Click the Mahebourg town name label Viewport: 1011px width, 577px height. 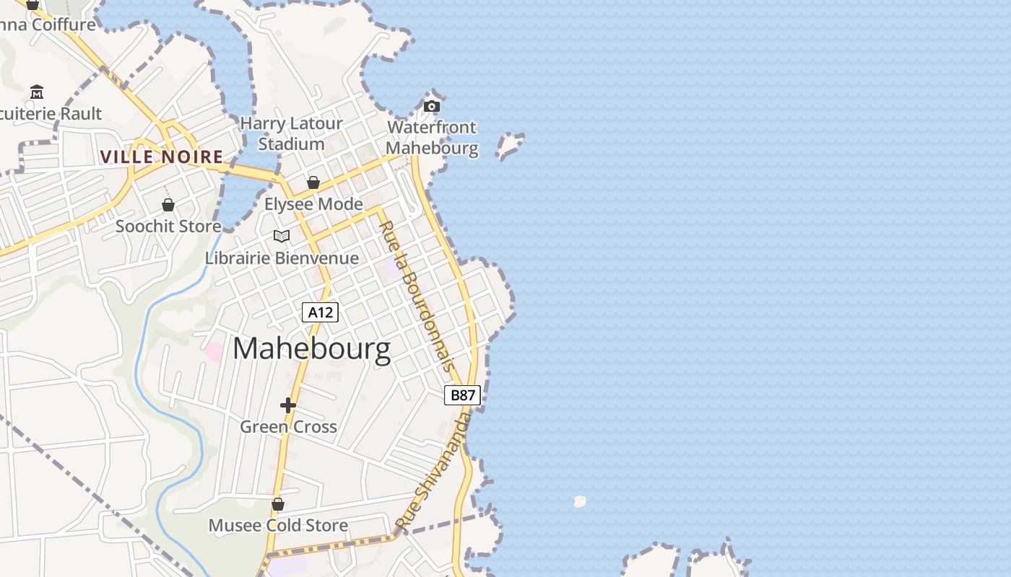point(311,349)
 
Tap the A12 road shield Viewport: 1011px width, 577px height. point(320,312)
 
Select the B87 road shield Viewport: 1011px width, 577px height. point(462,395)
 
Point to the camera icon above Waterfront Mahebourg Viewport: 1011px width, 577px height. point(432,107)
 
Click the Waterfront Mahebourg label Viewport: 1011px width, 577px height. point(433,138)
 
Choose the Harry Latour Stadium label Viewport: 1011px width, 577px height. point(291,133)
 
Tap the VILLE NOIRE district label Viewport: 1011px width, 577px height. point(162,157)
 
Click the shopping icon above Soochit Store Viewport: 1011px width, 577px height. point(168,205)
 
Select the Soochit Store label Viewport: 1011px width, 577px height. point(168,226)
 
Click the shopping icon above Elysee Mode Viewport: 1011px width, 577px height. point(313,182)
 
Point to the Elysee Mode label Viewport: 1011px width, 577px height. point(313,204)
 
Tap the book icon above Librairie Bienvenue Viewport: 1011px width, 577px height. point(282,236)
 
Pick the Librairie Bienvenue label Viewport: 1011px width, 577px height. point(282,257)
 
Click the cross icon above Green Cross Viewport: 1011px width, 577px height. point(288,405)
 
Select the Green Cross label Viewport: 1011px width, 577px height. point(288,426)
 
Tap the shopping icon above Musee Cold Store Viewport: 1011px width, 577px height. point(278,504)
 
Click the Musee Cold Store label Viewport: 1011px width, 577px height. point(278,525)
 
